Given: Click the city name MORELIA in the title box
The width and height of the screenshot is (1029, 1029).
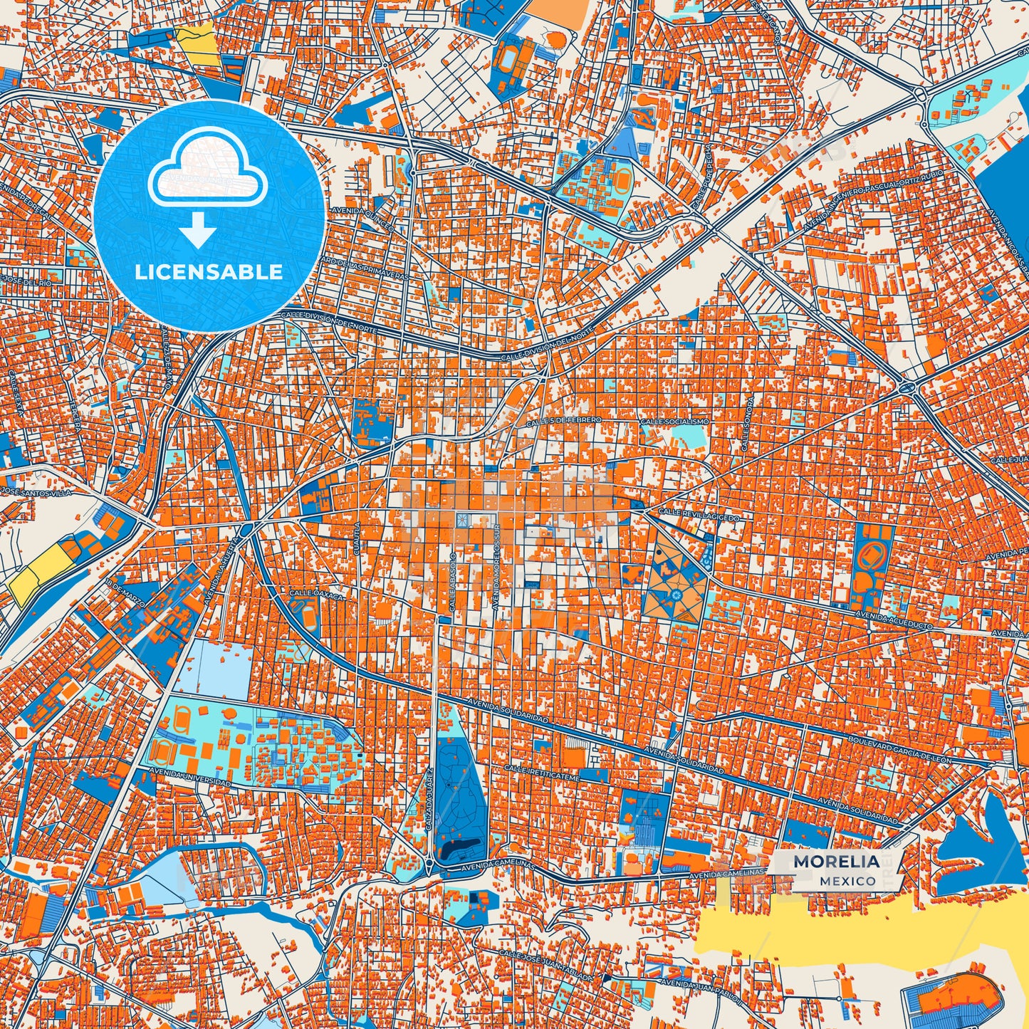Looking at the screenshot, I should tap(836, 861).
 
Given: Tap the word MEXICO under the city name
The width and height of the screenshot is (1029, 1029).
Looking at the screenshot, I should tap(847, 881).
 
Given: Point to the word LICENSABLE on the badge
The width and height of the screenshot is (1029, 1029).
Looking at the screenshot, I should tap(209, 271).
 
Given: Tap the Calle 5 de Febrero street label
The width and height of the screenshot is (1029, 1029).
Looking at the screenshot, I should tap(573, 421).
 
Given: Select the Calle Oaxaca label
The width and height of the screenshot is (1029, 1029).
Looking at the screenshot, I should tap(316, 594).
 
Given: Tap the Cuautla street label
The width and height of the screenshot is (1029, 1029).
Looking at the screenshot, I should tap(357, 538).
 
